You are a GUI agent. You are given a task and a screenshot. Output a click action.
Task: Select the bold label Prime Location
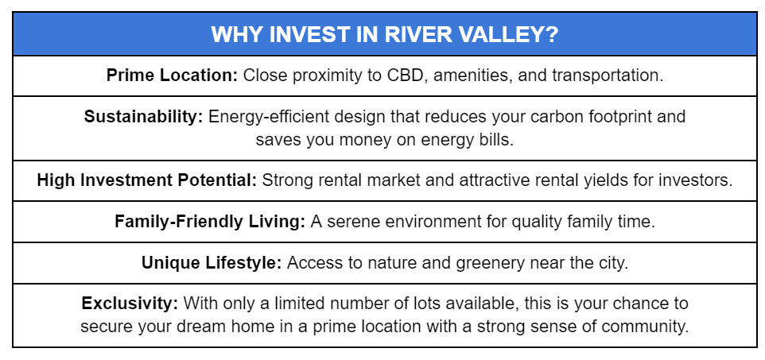pyautogui.click(x=172, y=75)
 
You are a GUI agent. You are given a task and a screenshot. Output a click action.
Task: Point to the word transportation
pyautogui.click(x=608, y=75)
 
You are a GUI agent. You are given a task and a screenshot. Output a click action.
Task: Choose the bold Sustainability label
pyautogui.click(x=143, y=117)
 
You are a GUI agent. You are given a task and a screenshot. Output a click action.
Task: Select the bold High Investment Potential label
pyautogui.click(x=147, y=180)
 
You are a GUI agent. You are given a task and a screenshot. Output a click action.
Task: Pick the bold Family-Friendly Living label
pyautogui.click(x=210, y=222)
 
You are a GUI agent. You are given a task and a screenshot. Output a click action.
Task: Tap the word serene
pyautogui.click(x=351, y=222)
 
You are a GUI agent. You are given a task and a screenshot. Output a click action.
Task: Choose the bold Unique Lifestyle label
pyautogui.click(x=212, y=263)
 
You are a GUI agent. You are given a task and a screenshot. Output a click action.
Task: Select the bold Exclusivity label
pyautogui.click(x=130, y=304)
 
